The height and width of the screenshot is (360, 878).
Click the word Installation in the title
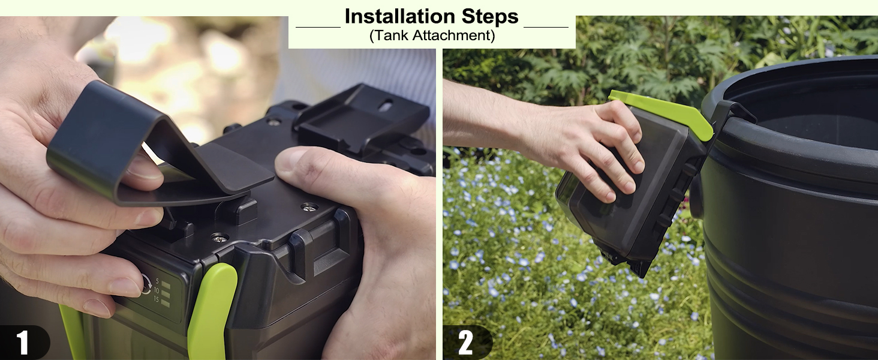(x=396, y=16)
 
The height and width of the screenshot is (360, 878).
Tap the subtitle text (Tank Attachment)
(x=432, y=35)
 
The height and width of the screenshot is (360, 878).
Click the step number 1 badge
(x=22, y=343)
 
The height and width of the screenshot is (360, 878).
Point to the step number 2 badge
(x=465, y=343)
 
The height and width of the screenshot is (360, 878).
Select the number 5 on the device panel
(x=157, y=281)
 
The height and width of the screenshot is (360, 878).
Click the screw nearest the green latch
(x=220, y=238)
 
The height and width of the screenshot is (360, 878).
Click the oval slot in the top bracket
(x=387, y=103)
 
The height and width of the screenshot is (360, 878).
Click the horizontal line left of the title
(x=318, y=27)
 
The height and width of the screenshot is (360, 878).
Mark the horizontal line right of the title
(x=546, y=27)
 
